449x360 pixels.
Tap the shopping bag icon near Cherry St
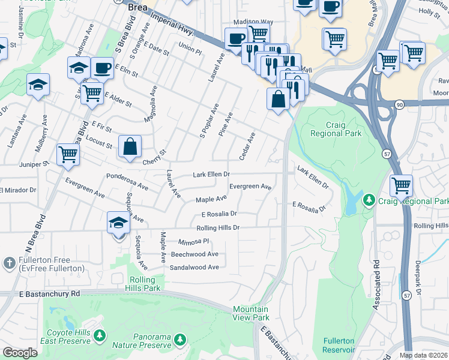click(x=130, y=146)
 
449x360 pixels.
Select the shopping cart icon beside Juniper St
click(x=68, y=154)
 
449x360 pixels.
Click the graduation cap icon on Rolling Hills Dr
click(x=119, y=223)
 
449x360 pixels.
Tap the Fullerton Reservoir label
click(x=339, y=345)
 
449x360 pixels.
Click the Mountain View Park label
click(x=250, y=313)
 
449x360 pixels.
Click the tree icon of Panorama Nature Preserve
click(x=179, y=340)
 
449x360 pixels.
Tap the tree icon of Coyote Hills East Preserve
click(x=100, y=334)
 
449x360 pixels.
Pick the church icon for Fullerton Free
click(x=8, y=263)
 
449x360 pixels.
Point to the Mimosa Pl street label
click(x=193, y=241)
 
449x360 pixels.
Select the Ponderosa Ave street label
click(x=127, y=182)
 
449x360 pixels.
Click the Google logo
click(x=20, y=352)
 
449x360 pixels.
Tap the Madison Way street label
click(x=253, y=22)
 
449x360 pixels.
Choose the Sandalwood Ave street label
click(x=194, y=267)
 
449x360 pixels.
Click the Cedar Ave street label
click(x=247, y=146)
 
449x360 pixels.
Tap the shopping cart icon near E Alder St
click(x=92, y=93)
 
